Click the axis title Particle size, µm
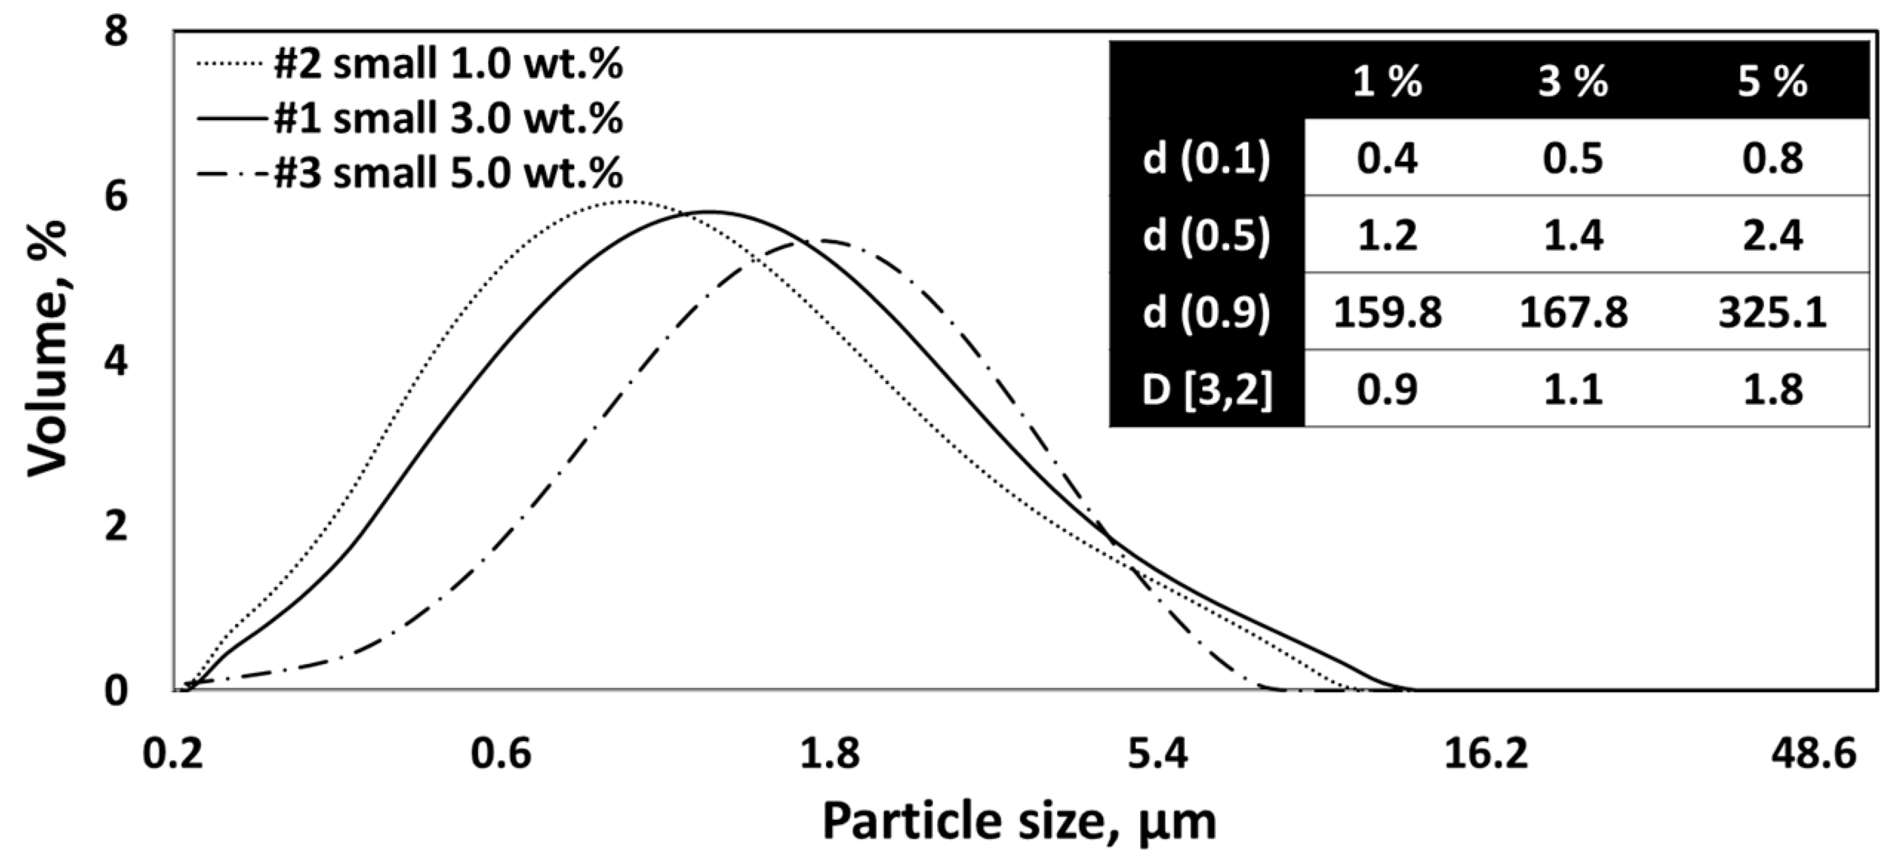pyautogui.click(x=1020, y=822)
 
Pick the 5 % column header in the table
pyautogui.click(x=1772, y=82)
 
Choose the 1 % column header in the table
pyautogui.click(x=1387, y=82)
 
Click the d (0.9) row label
pyautogui.click(x=1206, y=313)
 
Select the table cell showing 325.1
pyautogui.click(x=1772, y=313)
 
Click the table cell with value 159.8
pyautogui.click(x=1387, y=313)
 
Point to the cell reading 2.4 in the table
pyautogui.click(x=1772, y=236)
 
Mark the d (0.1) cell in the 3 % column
pyautogui.click(x=1573, y=159)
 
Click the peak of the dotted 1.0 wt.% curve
pyautogui.click(x=626, y=201)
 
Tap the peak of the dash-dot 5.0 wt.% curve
pyautogui.click(x=815, y=240)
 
